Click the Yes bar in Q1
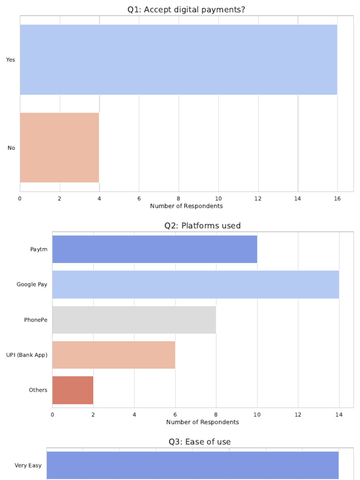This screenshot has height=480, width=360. coord(178,60)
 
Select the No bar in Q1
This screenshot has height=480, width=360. coord(59,148)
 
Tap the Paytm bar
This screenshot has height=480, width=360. coord(155,249)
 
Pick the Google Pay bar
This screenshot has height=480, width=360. coord(195,285)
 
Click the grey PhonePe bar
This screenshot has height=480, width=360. coord(134,320)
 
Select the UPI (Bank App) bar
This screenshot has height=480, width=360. coord(113,355)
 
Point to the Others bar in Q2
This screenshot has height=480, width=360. coord(73,390)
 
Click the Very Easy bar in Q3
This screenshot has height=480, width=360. coord(192,465)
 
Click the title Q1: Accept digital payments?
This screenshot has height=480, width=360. coord(186,9)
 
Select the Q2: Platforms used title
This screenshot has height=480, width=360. coord(202,225)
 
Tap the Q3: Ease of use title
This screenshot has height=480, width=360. coord(200,442)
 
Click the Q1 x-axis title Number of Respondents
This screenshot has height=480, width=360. coord(186,206)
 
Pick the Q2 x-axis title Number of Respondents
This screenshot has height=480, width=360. coord(202,422)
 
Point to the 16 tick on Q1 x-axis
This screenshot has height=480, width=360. coord(337,198)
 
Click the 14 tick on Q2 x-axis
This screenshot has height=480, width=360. coord(339,414)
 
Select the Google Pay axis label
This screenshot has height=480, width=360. coord(32,285)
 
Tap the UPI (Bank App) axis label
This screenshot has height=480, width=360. coord(27,355)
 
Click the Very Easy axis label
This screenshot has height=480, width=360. coord(28,465)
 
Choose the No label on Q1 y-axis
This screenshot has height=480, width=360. coord(11,148)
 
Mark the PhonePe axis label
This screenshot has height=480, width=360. coord(36,320)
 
